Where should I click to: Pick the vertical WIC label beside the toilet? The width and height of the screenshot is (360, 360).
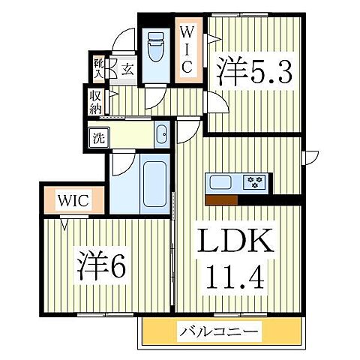pos(187,49)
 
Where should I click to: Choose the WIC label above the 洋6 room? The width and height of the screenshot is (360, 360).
pos(72,201)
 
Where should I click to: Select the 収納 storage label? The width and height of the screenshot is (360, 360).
pos(95,100)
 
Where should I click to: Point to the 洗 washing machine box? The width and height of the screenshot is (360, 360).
pos(98,137)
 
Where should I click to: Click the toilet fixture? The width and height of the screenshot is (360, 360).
pos(155,49)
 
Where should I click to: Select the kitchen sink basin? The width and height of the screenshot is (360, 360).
pos(221,182)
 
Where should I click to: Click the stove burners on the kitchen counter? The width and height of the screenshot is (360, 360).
pos(256,181)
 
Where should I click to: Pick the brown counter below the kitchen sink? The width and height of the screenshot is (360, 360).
pos(221,199)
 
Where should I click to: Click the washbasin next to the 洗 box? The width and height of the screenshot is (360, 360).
pos(161,136)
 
